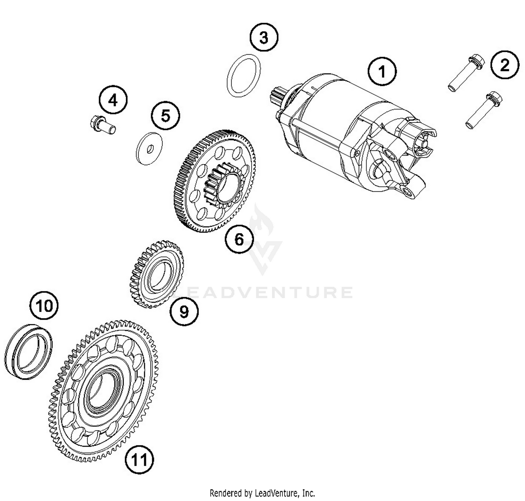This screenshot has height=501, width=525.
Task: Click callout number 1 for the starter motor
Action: click(x=382, y=71)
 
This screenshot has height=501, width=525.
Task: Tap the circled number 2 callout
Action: click(x=504, y=65)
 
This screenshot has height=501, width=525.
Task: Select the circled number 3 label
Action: click(x=264, y=37)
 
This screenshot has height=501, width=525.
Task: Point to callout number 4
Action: click(x=113, y=100)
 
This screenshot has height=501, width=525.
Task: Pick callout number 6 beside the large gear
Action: click(x=239, y=240)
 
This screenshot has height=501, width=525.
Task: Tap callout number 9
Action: click(x=184, y=311)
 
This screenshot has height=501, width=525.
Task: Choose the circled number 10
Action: click(x=44, y=305)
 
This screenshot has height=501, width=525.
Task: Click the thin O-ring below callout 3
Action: click(x=244, y=75)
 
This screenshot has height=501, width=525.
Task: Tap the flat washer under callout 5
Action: click(x=149, y=148)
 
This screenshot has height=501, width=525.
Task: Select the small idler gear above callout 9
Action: click(x=157, y=274)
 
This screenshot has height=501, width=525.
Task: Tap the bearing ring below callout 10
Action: click(x=29, y=352)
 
